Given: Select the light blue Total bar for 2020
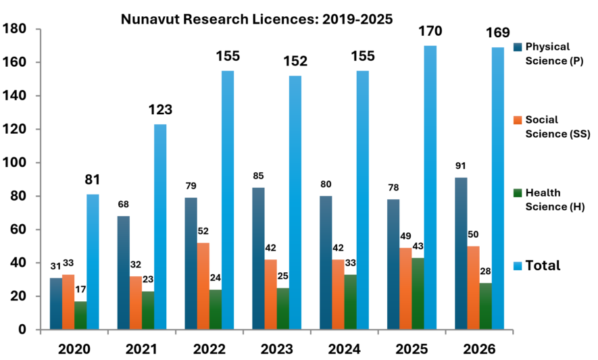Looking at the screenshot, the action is (93, 262).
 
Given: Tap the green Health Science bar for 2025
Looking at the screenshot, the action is (418, 294).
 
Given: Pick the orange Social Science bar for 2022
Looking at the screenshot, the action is (203, 286).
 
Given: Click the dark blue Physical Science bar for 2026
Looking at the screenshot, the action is (461, 253).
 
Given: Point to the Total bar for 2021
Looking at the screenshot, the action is (160, 227).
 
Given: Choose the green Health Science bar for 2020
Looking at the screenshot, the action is (80, 315).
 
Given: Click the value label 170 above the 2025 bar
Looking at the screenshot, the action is (430, 31).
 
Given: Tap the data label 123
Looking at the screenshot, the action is (160, 110).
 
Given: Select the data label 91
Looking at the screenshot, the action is (461, 166).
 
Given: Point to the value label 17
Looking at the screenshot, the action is (80, 290).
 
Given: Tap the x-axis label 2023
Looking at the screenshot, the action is (276, 349).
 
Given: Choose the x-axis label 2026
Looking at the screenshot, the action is (479, 349).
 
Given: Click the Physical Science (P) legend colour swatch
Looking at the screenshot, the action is (518, 47).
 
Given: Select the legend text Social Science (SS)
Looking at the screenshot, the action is (557, 126).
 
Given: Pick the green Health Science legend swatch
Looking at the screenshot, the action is (518, 193).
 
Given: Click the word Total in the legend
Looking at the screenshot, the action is (543, 265).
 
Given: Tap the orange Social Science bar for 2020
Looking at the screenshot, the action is (68, 302).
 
